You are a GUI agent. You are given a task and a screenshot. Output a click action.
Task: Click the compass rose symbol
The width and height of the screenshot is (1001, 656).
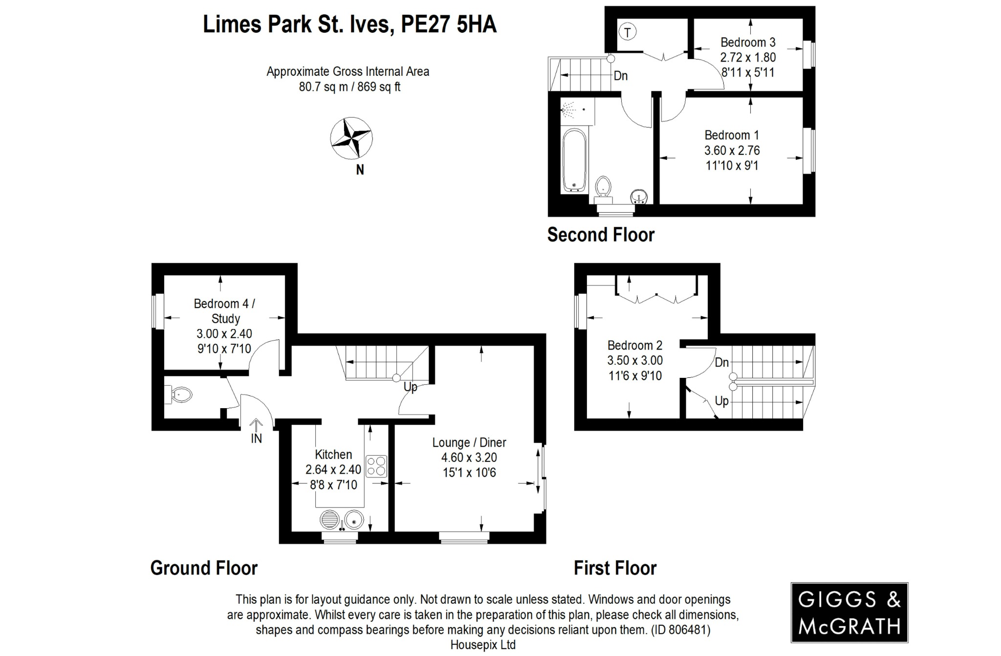point(351,138)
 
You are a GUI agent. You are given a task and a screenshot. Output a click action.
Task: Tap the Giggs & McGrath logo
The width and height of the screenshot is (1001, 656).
point(849,612)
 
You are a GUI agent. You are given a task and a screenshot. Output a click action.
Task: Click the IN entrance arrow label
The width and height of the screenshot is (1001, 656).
point(256,438)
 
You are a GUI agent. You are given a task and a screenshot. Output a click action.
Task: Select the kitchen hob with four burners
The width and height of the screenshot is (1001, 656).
point(376,466)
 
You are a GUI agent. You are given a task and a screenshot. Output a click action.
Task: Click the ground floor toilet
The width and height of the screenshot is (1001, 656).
point(180,394)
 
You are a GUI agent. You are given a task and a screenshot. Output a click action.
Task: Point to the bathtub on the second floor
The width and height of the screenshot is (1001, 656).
point(574,161)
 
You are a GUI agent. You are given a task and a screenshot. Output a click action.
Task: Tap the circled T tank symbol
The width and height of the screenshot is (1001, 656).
point(627,33)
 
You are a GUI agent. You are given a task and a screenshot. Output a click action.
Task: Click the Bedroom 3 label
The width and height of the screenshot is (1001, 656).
point(747,42)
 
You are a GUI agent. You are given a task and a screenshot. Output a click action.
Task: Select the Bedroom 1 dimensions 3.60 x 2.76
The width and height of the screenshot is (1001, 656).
point(732,151)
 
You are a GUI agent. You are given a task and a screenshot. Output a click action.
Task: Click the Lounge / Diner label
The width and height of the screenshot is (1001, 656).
point(469,442)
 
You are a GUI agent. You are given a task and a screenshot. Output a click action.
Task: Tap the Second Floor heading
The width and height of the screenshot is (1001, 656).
point(600,235)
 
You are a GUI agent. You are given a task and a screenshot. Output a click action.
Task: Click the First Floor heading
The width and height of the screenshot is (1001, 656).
point(614,568)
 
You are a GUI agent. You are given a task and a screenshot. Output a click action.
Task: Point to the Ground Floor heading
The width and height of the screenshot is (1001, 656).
point(204,568)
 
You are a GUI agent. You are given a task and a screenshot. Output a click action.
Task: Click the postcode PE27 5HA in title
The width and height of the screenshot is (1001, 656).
point(448,24)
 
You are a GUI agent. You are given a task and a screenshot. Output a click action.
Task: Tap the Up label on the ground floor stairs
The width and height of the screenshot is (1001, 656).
point(410,387)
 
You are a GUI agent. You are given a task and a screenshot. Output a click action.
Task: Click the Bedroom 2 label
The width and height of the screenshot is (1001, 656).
point(634,345)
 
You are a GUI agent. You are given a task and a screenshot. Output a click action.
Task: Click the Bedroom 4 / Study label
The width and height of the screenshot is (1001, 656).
point(224,311)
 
